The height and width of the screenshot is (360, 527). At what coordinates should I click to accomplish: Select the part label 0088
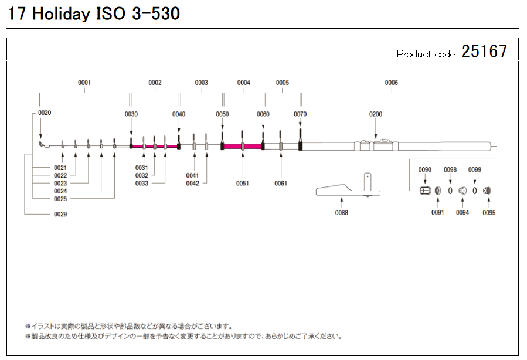(341, 213)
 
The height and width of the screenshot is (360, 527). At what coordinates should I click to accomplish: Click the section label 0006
(391, 83)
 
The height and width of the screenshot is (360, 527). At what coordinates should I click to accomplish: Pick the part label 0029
(60, 214)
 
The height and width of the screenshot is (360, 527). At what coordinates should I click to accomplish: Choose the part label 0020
(45, 112)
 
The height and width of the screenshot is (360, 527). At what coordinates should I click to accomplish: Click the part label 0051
(243, 184)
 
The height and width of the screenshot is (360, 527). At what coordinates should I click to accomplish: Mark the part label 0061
(281, 184)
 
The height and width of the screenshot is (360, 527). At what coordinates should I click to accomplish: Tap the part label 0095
(489, 213)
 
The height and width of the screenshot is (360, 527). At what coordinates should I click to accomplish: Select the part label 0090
(425, 169)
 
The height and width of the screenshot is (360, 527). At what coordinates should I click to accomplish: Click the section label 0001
(84, 83)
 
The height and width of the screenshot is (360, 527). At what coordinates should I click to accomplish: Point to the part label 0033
(142, 184)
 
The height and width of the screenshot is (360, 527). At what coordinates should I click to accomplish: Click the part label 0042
(193, 184)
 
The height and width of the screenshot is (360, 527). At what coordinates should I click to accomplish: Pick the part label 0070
(300, 114)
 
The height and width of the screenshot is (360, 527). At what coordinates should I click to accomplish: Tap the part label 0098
(450, 169)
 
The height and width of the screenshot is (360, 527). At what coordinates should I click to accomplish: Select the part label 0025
(60, 199)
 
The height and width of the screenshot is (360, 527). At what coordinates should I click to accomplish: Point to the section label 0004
(244, 83)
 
